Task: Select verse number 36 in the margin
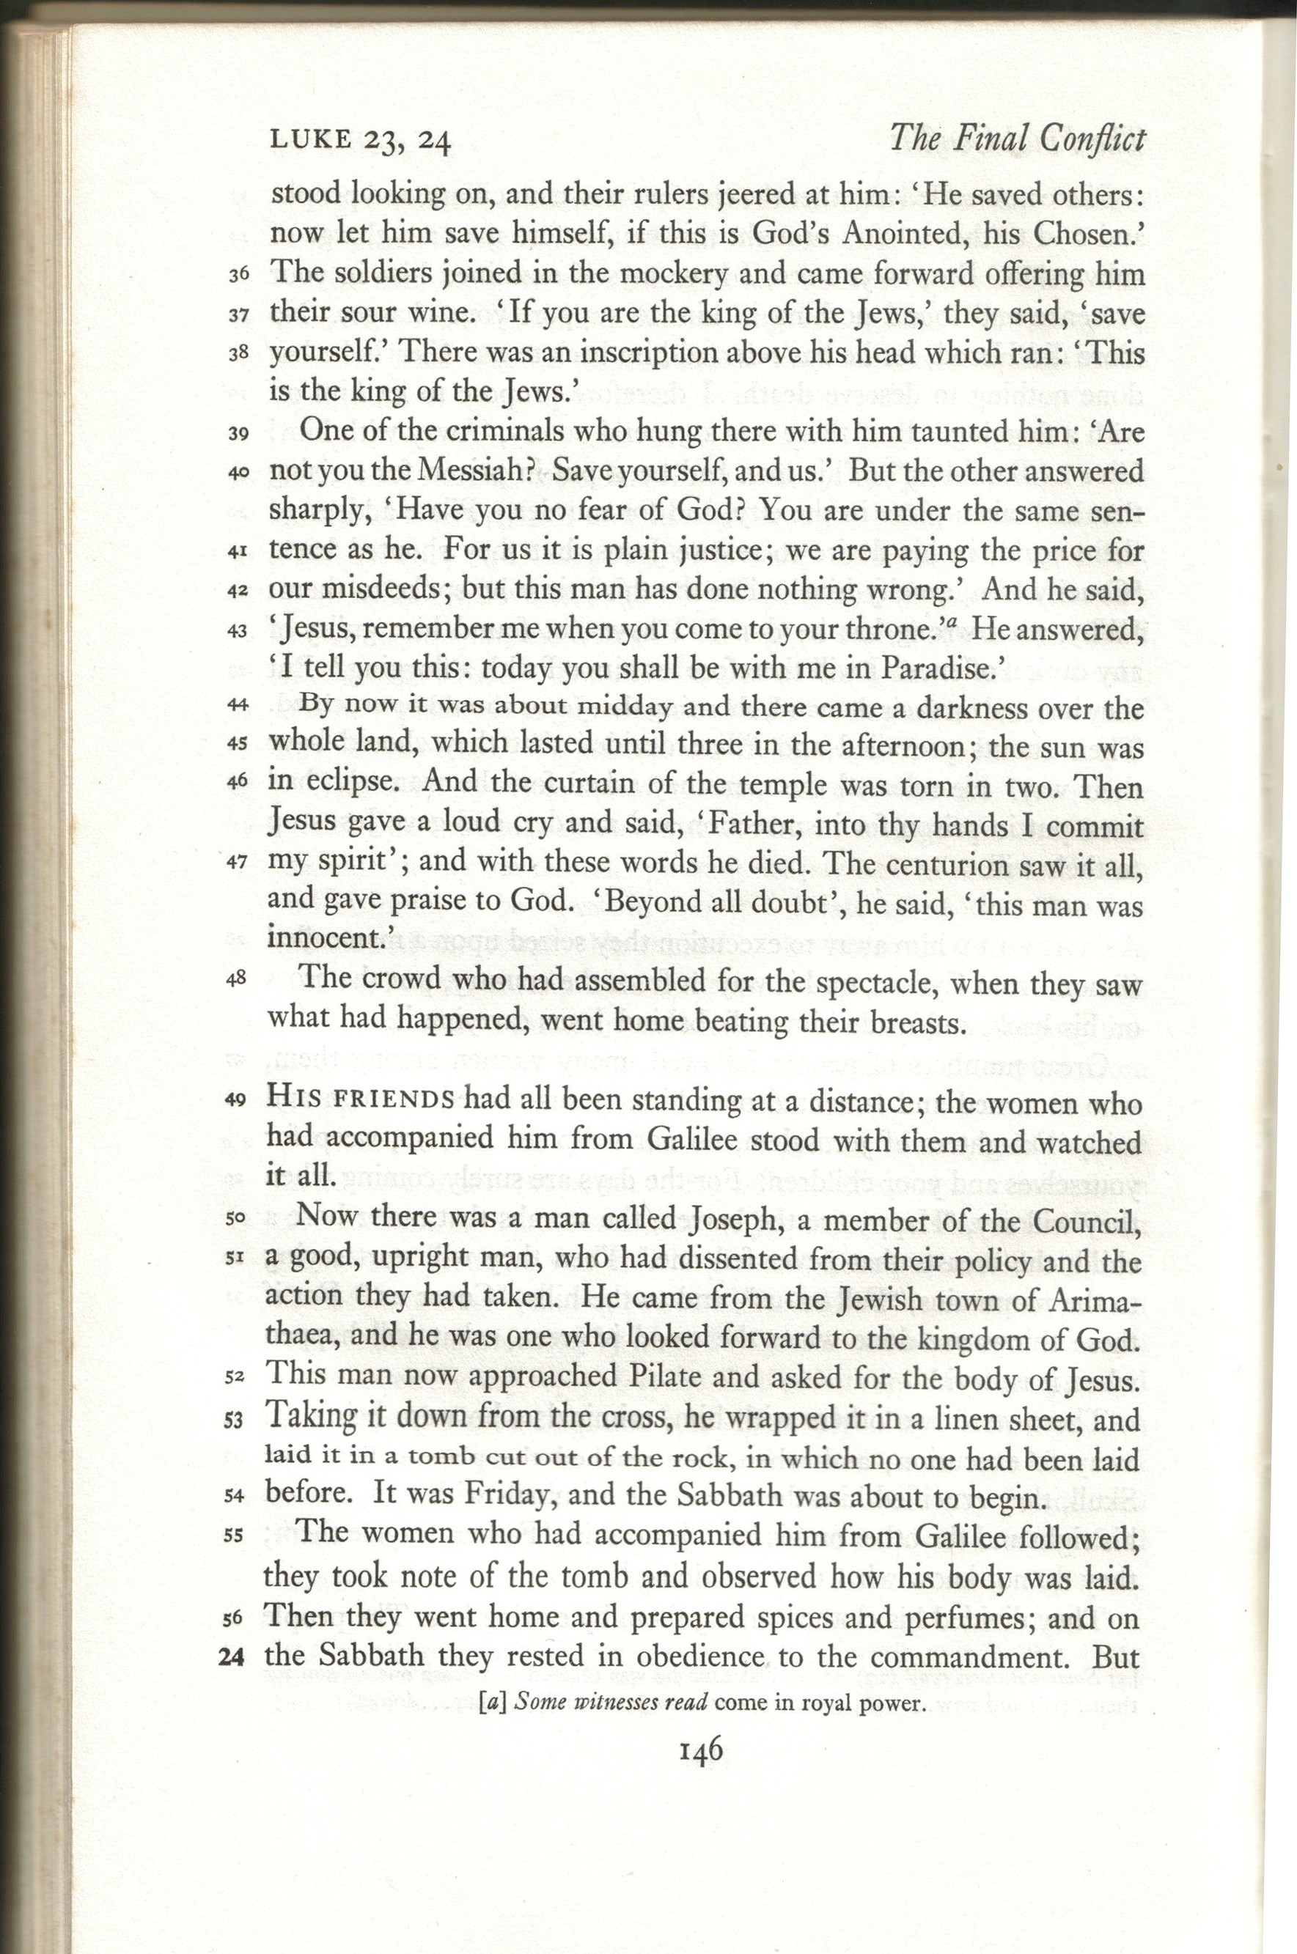click(238, 275)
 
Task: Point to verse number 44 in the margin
click(238, 705)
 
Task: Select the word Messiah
click(477, 471)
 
